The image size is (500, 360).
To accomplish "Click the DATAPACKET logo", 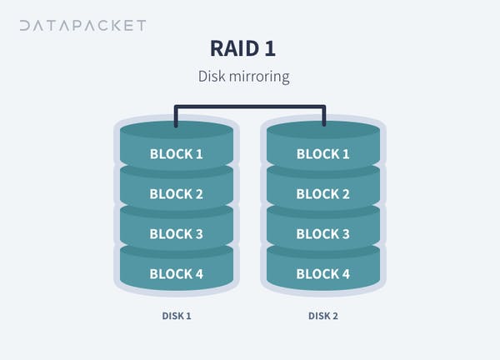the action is coord(82,26).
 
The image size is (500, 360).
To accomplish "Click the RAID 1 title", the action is coord(242,48).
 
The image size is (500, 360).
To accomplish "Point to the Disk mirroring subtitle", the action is coord(243,77).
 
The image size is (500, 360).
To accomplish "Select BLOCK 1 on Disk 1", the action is coord(177,154).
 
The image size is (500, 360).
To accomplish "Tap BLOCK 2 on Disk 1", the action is coord(177,194).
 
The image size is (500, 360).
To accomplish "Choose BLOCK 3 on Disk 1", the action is coord(177,233).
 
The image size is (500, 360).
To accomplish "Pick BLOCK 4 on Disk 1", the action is coord(177,274).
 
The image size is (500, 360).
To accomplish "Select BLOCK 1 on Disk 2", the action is coord(323,154).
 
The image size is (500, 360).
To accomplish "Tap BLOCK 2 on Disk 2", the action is coord(323,194).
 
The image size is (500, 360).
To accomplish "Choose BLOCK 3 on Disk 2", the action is coord(323,233).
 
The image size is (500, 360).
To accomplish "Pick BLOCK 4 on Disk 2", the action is coord(323,274).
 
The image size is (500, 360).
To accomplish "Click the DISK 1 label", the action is coord(177,316).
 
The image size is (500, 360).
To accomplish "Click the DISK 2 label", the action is coord(323,316).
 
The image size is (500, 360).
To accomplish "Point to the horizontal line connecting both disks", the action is coord(250,107).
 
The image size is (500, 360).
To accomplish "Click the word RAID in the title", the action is coord(234,48).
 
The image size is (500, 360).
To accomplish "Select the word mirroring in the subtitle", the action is coord(259,77).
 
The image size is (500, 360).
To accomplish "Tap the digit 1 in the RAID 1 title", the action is coord(270,48).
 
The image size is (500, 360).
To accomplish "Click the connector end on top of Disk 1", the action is coord(176,125).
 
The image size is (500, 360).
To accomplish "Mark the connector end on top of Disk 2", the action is coord(324,124).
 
